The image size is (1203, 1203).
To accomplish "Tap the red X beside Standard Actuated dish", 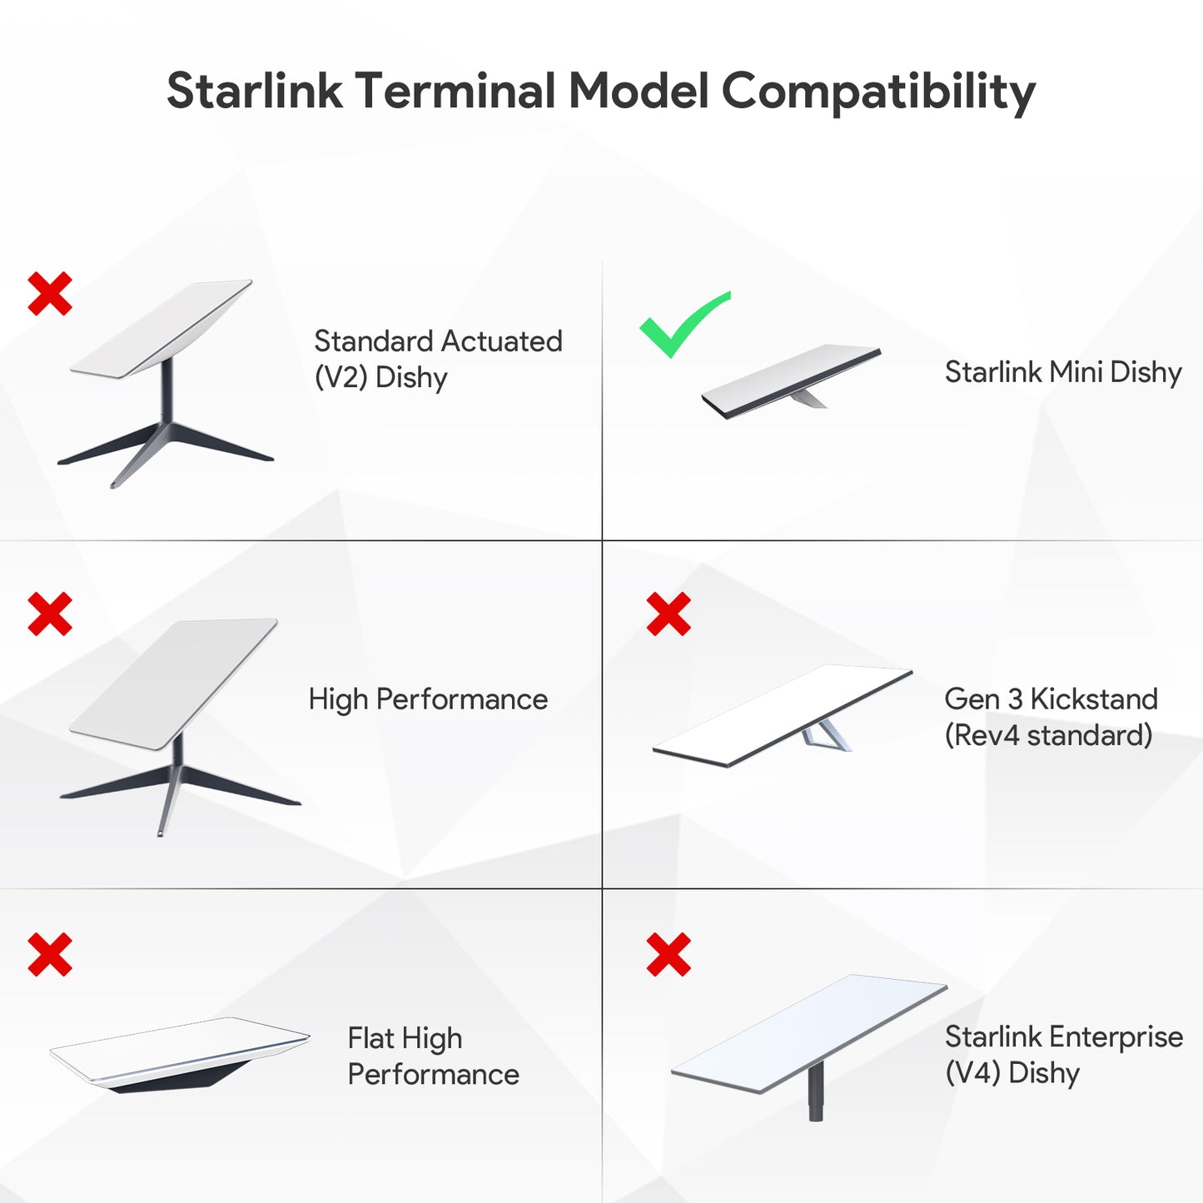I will pos(50,293).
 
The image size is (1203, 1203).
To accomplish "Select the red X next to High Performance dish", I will pos(50,614).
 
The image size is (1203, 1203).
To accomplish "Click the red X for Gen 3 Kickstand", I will pos(669,614).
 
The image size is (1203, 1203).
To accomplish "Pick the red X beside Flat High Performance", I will pos(50,954).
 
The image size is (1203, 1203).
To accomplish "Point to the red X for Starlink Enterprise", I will pos(669,954).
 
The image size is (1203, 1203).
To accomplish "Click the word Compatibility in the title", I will pos(878,92).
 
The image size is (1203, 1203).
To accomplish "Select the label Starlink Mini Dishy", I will pos(1063,372).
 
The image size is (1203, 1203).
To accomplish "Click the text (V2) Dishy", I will pos(380,377).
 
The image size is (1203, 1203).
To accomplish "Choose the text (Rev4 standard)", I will pos(1048,735).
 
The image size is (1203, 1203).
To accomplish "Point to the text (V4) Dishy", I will pos(1012,1073).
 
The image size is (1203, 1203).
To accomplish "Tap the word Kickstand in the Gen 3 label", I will pos(1094,699).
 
